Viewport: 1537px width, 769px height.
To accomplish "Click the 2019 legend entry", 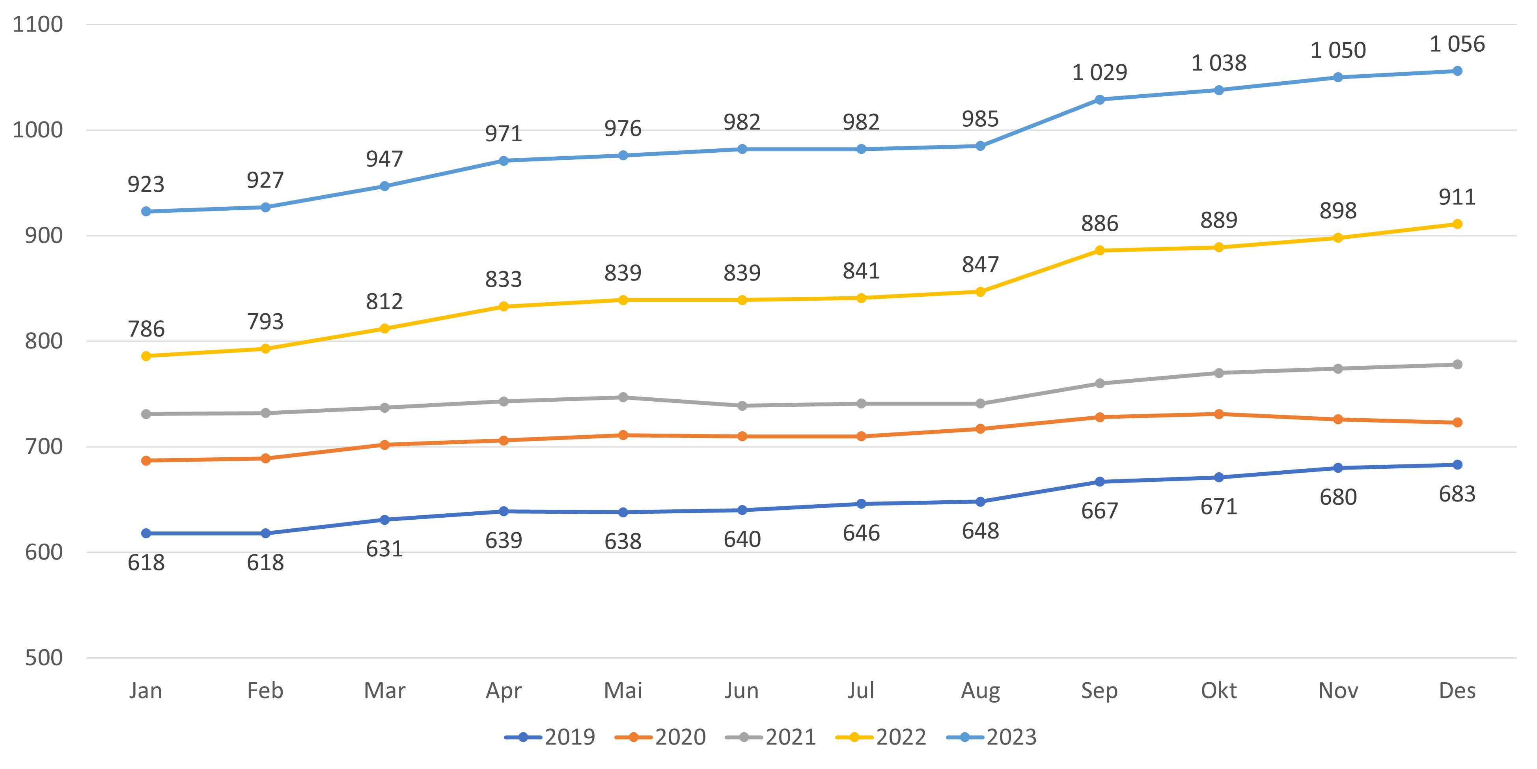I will point(550,737).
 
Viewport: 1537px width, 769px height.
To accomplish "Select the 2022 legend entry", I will point(881,737).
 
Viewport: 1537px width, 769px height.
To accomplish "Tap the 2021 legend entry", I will point(771,737).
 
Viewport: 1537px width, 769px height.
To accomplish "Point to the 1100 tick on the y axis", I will point(37,24).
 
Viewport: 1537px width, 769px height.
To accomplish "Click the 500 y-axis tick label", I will point(43,658).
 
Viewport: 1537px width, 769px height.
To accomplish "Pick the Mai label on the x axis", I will point(623,691).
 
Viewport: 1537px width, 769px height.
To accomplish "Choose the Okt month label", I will point(1218,691).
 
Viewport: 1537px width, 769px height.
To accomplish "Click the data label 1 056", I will point(1457,44).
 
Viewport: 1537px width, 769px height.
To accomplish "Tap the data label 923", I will point(146,185).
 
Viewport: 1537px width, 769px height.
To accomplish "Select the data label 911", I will point(1457,197).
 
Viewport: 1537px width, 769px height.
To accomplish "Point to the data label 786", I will point(146,329).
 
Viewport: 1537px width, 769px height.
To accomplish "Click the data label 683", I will point(1457,494).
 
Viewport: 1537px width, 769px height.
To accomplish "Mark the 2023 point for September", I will point(1100,100).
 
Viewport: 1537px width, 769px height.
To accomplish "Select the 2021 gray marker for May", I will point(623,397).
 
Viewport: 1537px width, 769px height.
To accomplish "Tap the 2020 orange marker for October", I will point(1219,414).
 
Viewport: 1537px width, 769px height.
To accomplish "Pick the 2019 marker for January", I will point(146,533).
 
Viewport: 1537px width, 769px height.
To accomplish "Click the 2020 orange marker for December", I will point(1457,422).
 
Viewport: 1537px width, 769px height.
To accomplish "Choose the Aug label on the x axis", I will point(980,691).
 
